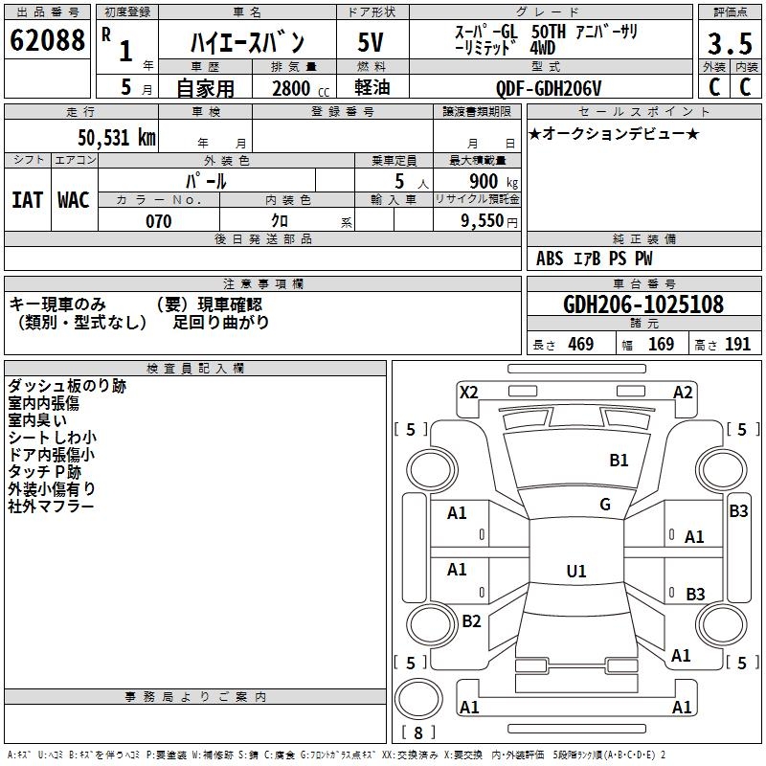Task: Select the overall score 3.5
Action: pos(730,44)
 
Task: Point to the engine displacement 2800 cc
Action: pos(298,88)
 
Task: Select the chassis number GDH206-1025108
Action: pos(643,304)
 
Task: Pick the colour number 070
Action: pos(158,221)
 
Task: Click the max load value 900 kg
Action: pos(494,181)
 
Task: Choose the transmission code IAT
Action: pos(27,199)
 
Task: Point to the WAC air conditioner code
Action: pos(73,199)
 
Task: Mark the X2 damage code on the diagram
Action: pos(468,392)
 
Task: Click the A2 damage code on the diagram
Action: pos(683,392)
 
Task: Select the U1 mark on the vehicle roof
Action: pos(576,572)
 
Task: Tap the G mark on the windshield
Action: pos(605,505)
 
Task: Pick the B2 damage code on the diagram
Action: pos(471,621)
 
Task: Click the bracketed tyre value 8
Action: pos(418,733)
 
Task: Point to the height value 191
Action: pos(737,345)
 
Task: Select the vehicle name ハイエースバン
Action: pos(247,42)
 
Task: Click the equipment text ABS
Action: pos(550,259)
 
